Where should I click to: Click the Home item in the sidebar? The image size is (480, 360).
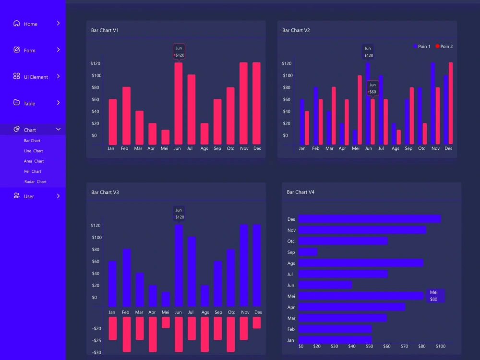pos(30,24)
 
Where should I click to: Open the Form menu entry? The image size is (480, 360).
pos(29,50)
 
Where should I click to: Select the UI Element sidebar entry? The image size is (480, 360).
pos(36,77)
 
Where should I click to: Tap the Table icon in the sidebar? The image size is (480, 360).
pos(17,103)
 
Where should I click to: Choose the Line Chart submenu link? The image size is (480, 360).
pos(34,151)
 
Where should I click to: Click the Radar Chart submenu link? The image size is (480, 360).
pos(36,182)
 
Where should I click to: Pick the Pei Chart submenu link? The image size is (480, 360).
pos(33,171)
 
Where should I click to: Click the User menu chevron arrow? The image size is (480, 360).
pos(58,196)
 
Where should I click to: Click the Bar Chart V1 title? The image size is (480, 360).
pos(105,31)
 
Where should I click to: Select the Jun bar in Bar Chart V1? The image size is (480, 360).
pos(178,103)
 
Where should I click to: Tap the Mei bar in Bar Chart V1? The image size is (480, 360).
pos(165,137)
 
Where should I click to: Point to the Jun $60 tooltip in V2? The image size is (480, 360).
pos(372,89)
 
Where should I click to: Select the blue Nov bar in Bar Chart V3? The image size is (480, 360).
pos(243,265)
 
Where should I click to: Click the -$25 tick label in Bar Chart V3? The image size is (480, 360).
pos(96,341)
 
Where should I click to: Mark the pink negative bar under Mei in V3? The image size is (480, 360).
pos(165,322)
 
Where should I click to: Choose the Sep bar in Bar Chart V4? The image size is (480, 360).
pos(308,252)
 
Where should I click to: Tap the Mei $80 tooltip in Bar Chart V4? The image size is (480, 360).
pos(435,296)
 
